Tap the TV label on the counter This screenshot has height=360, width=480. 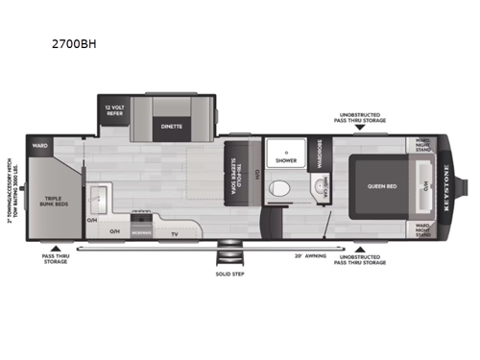coord(174,232)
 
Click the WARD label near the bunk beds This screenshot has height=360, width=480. coord(39,147)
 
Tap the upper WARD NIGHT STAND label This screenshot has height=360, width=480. coord(423,147)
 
